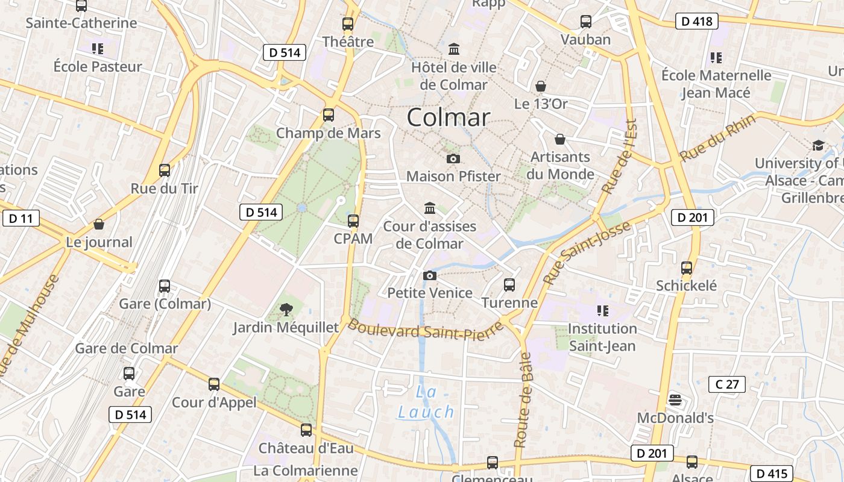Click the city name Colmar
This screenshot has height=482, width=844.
click(x=448, y=117)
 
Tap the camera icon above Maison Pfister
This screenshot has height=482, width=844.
click(x=453, y=158)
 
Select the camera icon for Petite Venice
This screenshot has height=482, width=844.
click(x=430, y=275)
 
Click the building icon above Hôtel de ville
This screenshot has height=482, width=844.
click(x=454, y=49)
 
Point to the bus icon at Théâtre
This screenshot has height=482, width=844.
click(x=348, y=24)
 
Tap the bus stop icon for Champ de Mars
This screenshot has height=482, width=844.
click(x=329, y=114)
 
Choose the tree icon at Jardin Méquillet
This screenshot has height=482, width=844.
click(x=286, y=310)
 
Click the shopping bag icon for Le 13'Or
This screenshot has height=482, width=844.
click(x=541, y=86)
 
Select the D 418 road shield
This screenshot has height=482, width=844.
click(x=697, y=22)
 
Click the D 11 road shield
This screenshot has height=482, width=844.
click(x=21, y=218)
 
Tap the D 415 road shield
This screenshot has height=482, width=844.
click(x=771, y=474)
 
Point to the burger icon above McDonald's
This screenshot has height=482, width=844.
click(x=675, y=399)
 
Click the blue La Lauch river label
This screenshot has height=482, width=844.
click(x=426, y=402)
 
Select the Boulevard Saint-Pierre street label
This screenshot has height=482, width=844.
click(x=425, y=329)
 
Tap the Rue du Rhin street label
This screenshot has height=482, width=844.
click(x=717, y=139)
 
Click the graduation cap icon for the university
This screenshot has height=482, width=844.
click(x=818, y=145)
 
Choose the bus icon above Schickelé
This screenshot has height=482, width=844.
click(x=687, y=268)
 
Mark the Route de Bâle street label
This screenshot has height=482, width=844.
click(x=524, y=400)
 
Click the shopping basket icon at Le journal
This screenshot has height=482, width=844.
click(x=99, y=224)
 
